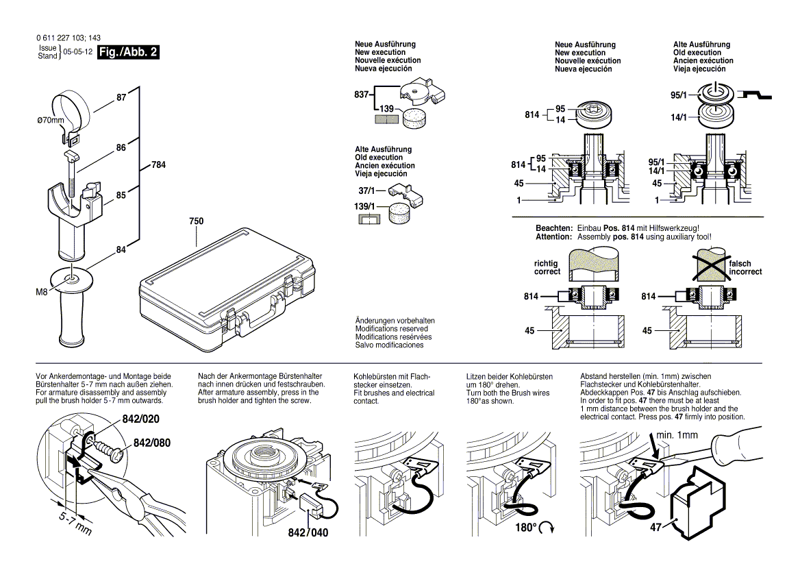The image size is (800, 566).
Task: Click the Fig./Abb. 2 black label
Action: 128,53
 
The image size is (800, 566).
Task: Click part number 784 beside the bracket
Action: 158,165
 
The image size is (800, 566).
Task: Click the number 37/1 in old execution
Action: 365,190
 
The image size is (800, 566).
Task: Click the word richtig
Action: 546,263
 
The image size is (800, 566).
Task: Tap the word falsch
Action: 740,263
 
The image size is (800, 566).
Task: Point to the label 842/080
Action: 151,443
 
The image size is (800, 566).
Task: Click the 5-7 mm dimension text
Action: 73,523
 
